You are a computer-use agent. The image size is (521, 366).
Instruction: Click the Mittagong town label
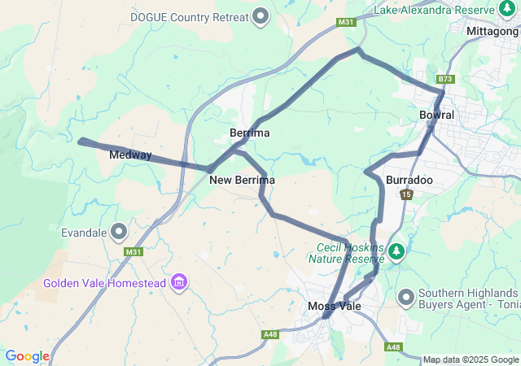click(x=493, y=31)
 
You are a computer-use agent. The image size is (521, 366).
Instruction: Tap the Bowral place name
click(x=436, y=115)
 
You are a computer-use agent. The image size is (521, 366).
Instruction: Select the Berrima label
click(x=250, y=133)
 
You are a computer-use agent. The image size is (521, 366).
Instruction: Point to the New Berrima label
click(x=242, y=180)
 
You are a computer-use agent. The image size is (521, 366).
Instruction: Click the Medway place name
click(x=130, y=155)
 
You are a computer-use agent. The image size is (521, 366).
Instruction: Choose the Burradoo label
click(x=409, y=179)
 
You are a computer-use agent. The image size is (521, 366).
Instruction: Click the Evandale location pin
click(x=120, y=232)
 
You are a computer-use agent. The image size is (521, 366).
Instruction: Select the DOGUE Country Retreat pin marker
click(x=261, y=15)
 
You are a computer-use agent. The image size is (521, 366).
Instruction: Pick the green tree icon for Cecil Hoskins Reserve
click(x=396, y=251)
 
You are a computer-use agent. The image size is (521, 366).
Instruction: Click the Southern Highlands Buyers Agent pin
click(x=406, y=298)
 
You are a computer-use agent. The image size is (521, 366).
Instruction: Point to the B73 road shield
click(x=444, y=79)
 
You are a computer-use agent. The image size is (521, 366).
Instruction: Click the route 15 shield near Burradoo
click(x=406, y=194)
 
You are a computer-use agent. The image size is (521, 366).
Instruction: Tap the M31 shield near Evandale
click(x=134, y=252)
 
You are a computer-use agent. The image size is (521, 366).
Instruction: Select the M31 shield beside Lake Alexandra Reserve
click(x=346, y=22)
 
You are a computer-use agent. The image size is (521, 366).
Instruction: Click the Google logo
click(x=27, y=356)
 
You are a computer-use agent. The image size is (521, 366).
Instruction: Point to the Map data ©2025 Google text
click(x=470, y=359)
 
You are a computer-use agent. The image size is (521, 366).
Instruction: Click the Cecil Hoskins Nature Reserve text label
click(x=344, y=253)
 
